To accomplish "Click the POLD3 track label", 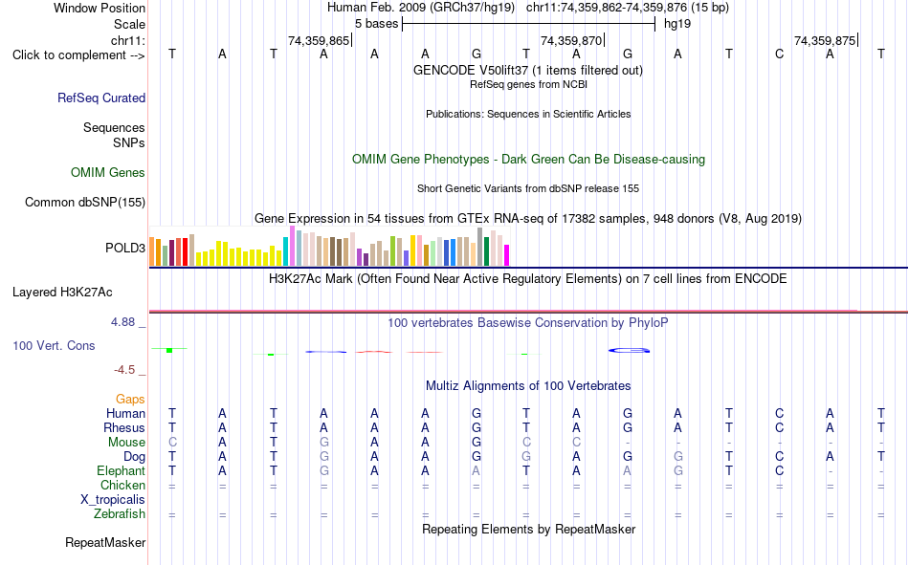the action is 125,248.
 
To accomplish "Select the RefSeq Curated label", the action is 101,98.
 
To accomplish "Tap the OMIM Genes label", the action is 108,173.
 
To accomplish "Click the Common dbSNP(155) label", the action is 85,203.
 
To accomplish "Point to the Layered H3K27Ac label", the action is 62,293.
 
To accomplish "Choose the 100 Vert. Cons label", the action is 54,346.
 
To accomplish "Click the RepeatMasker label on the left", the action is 105,543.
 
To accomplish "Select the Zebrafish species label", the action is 120,514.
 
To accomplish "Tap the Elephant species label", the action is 122,471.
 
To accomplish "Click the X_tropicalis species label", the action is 113,500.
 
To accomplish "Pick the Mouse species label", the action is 126,442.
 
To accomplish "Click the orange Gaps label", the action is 130,400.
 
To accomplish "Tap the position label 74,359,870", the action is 571,40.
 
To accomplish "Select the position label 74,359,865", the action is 319,40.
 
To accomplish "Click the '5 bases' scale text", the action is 377,24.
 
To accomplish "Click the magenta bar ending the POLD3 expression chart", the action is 506,255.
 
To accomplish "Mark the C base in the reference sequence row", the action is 779,54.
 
